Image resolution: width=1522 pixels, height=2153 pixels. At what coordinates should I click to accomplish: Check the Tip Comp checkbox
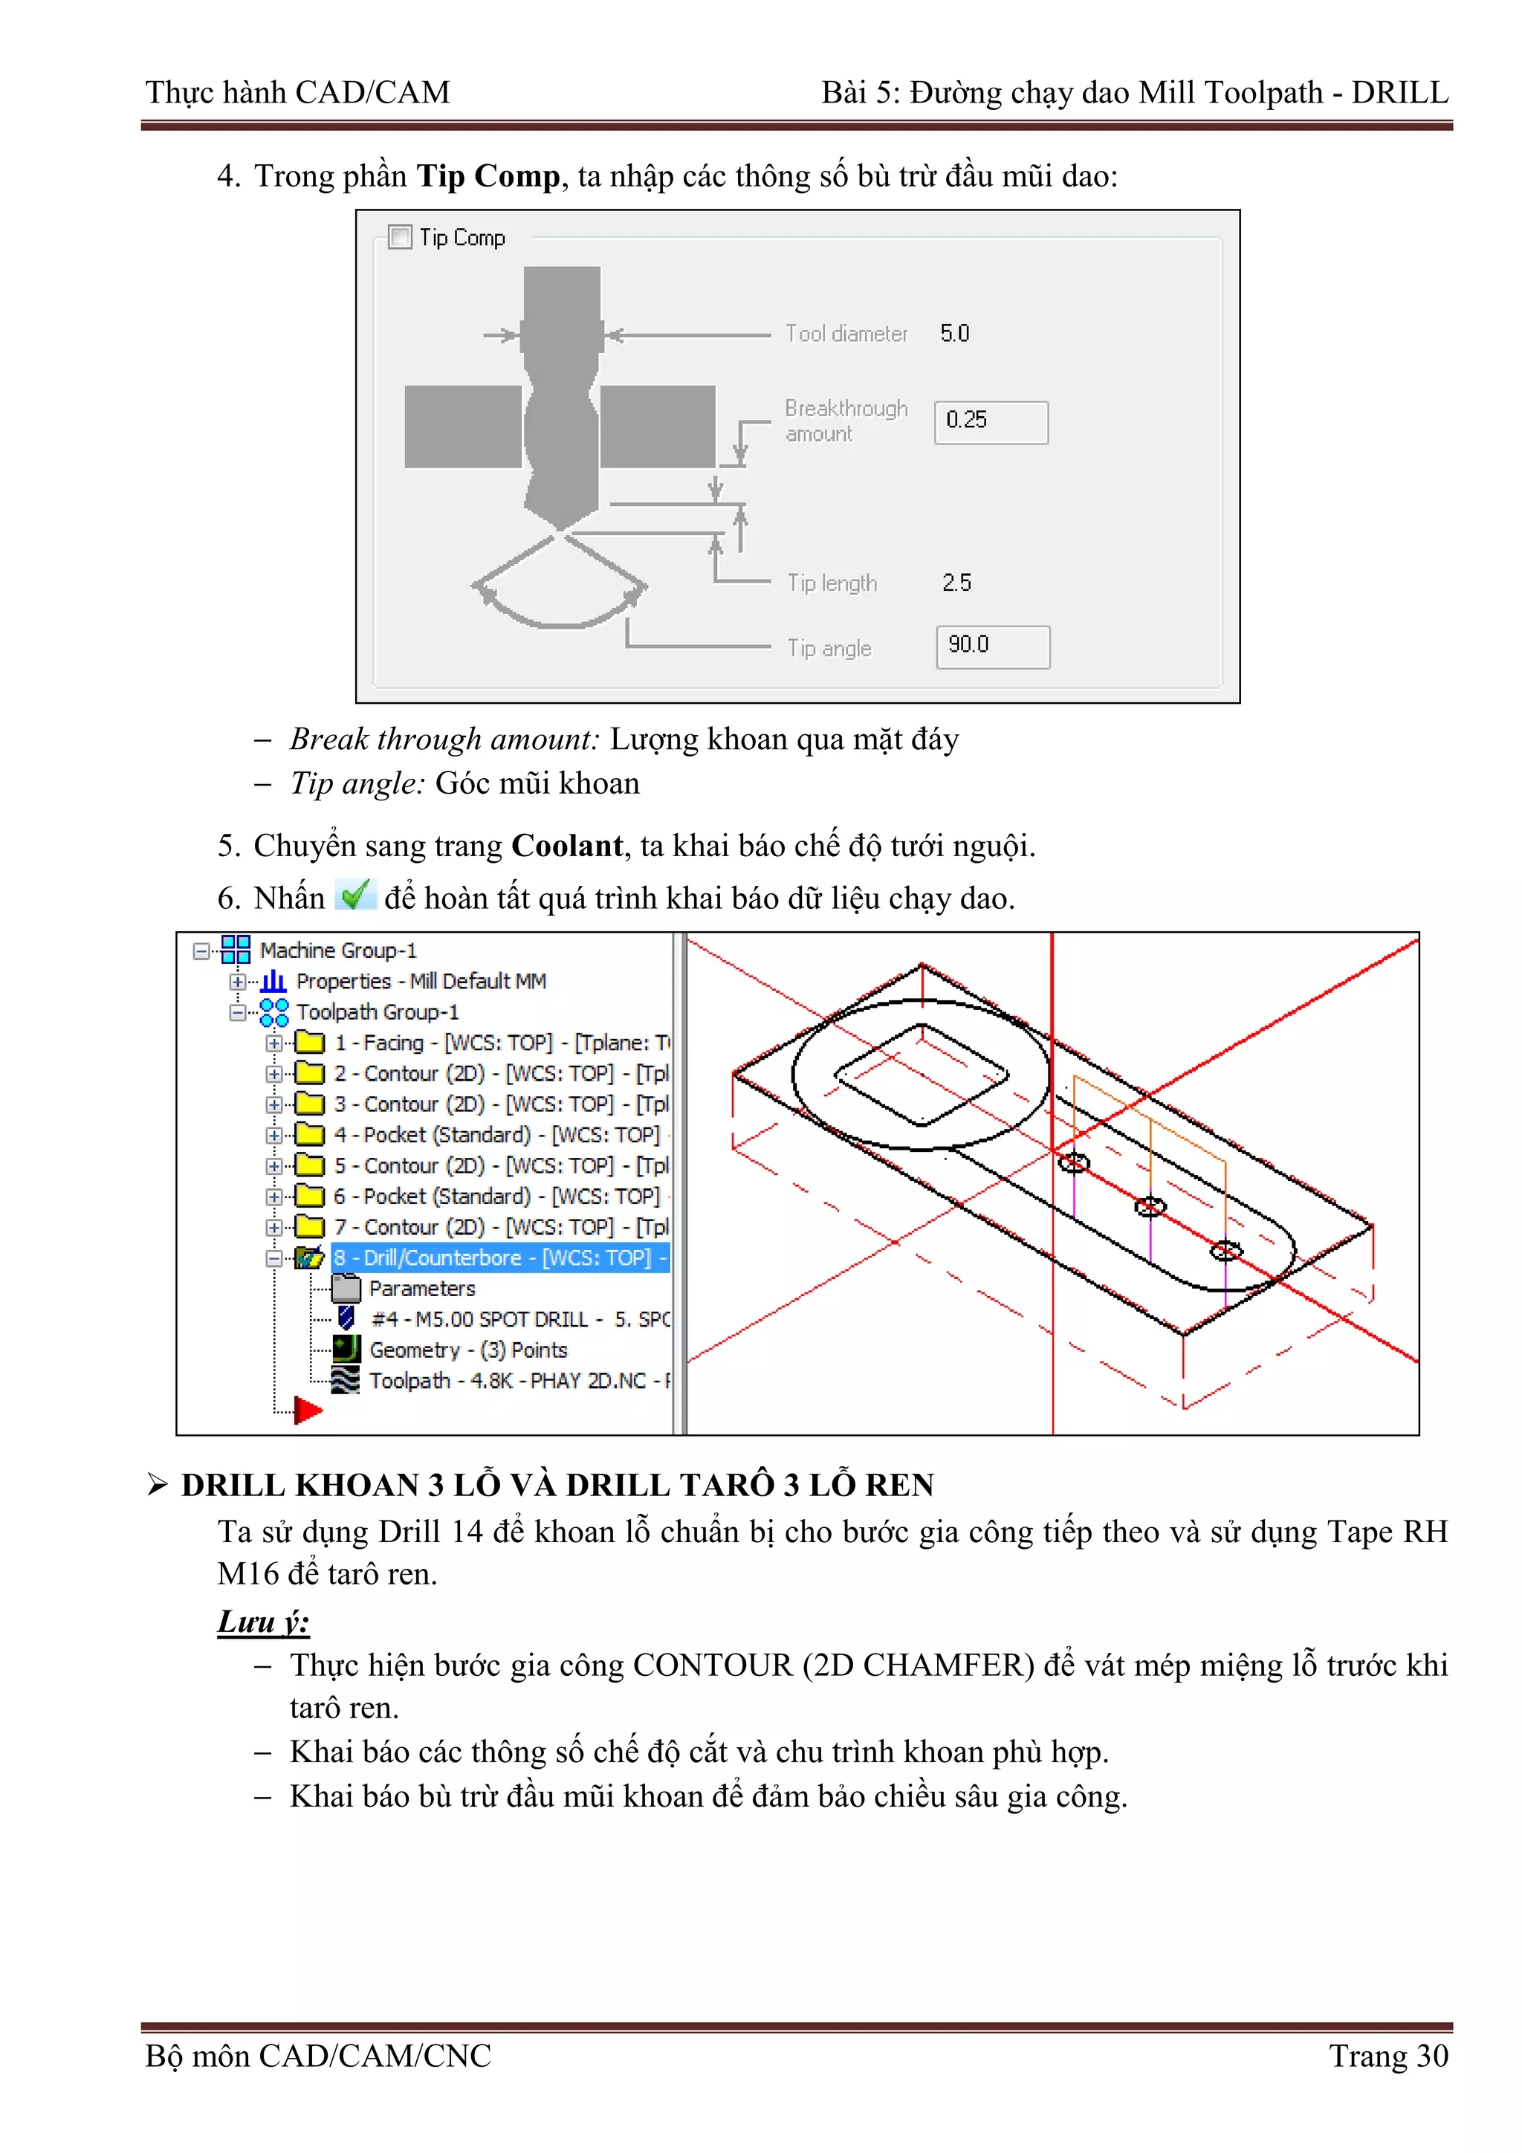click(401, 237)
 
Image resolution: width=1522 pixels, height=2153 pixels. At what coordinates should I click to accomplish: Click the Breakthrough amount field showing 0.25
click(991, 422)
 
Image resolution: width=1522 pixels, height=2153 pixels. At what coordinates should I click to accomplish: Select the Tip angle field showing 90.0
click(992, 646)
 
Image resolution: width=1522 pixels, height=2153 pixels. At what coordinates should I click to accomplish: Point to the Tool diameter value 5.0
click(955, 334)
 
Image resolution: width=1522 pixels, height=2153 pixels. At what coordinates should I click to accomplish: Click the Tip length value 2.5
click(956, 583)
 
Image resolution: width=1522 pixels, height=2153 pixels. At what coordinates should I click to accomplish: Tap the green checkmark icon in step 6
click(355, 896)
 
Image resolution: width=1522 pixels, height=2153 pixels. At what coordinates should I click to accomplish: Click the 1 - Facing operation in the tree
click(502, 1043)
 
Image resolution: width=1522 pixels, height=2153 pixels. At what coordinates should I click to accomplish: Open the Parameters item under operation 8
click(422, 1289)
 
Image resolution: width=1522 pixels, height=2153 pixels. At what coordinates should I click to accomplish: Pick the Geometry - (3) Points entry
click(468, 1350)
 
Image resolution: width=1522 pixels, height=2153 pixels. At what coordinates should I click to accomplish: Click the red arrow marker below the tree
click(307, 1409)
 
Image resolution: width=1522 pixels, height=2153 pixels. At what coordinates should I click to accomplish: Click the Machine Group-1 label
click(337, 950)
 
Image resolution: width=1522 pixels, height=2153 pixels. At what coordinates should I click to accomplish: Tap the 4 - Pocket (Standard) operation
click(497, 1135)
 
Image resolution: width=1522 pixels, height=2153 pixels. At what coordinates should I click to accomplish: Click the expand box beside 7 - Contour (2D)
click(273, 1228)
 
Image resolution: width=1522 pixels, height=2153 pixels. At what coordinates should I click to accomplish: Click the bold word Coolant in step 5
click(566, 846)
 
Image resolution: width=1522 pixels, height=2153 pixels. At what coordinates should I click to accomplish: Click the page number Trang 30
click(1388, 2056)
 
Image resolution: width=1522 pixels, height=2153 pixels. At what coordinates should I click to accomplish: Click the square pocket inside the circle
click(921, 1075)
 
